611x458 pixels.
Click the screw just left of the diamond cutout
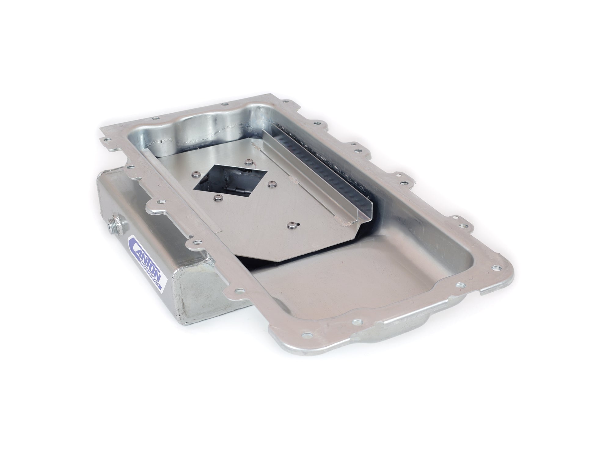click(195, 175)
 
